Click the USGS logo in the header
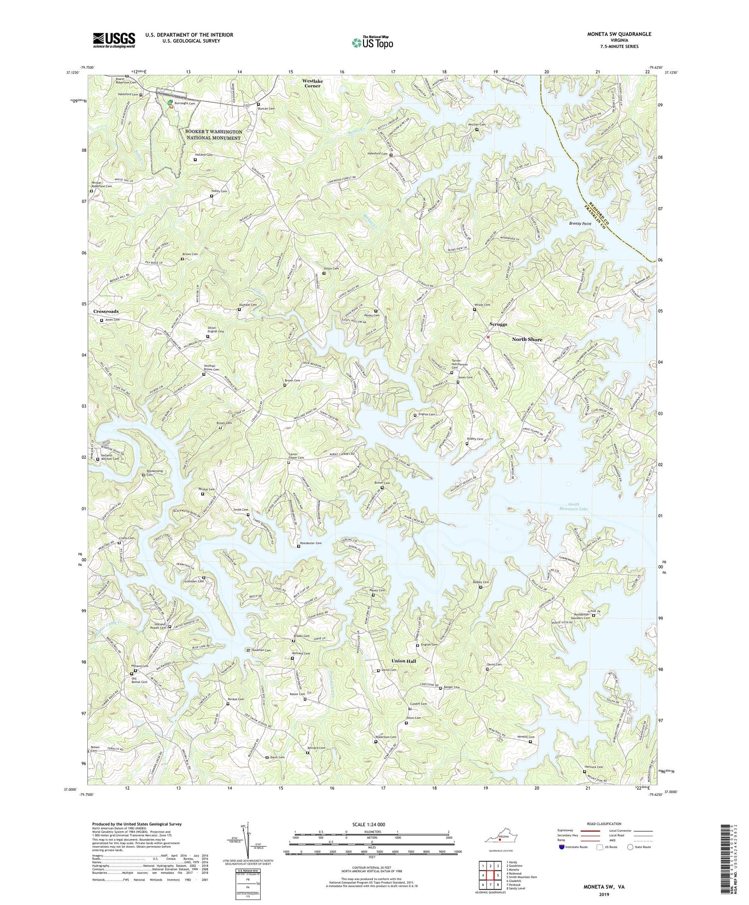(114, 40)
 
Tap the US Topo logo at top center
(372, 42)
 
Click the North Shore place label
(527, 339)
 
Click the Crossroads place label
(106, 311)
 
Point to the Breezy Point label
(580, 224)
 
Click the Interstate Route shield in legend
(562, 847)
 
